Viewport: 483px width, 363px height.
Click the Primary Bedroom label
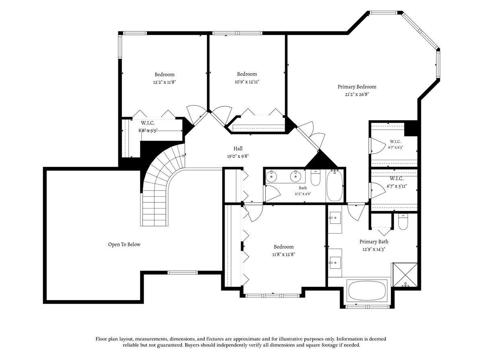pos(357,87)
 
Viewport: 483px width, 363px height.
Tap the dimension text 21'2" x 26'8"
pos(357,94)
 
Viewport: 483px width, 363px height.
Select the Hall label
pos(238,148)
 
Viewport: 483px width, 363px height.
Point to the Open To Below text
pos(124,244)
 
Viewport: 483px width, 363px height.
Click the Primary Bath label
pos(374,242)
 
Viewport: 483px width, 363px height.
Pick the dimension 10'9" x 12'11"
pos(247,82)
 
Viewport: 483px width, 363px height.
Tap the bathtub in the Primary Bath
pos(367,290)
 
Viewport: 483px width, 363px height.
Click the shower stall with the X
pos(405,275)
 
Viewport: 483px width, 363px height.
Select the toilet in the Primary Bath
pos(403,222)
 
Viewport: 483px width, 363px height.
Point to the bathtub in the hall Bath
pos(335,186)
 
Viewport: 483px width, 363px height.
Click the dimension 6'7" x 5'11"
pos(397,186)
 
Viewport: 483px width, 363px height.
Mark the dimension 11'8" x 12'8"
pos(284,255)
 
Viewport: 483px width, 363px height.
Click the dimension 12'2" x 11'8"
pos(164,82)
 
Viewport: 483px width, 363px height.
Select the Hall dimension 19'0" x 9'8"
pos(238,156)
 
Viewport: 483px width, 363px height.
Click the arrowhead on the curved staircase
pos(183,156)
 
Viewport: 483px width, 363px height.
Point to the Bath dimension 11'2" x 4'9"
pos(303,194)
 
